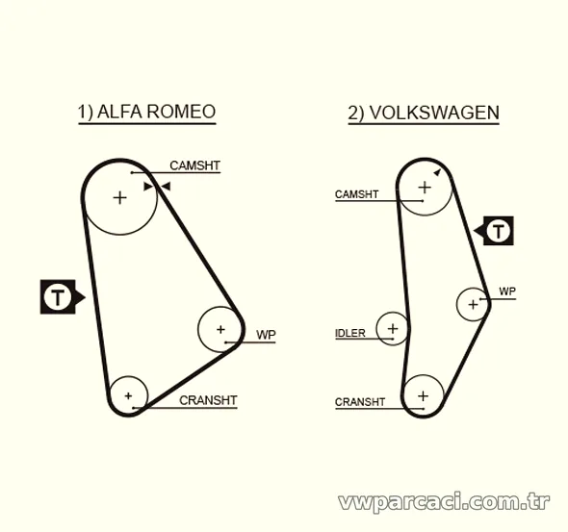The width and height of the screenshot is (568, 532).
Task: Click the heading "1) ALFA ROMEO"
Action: [x=146, y=112]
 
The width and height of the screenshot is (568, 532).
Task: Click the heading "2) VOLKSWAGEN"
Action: [x=424, y=113]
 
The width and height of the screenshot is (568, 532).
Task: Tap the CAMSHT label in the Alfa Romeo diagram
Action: [x=194, y=165]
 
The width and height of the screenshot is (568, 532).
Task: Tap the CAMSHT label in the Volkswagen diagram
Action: [x=356, y=194]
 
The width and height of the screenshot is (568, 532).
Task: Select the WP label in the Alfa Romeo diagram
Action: [x=266, y=335]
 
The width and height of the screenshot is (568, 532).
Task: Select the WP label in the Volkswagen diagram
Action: [x=507, y=291]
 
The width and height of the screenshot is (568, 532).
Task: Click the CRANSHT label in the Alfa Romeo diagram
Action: [x=208, y=400]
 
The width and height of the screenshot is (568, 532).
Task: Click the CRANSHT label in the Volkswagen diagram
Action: [x=360, y=402]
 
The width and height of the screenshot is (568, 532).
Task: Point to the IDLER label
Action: [x=349, y=333]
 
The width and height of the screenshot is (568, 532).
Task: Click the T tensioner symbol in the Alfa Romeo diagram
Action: [x=58, y=296]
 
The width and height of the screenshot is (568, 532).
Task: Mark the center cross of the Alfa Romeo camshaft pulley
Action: [x=120, y=198]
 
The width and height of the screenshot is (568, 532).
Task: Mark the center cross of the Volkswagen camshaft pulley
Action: [x=425, y=188]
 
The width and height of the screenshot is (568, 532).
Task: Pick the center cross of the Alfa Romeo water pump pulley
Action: [x=220, y=329]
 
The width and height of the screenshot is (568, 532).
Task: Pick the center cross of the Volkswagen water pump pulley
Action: [x=473, y=304]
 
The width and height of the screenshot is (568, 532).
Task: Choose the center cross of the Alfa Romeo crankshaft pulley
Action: [x=128, y=396]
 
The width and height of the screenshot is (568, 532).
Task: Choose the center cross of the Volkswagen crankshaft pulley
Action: [x=423, y=396]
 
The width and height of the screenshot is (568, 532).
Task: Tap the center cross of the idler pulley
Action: [x=393, y=329]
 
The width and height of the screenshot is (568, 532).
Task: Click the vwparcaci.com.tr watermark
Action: [x=444, y=502]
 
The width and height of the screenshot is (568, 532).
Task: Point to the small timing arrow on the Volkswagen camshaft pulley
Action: [x=437, y=172]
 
